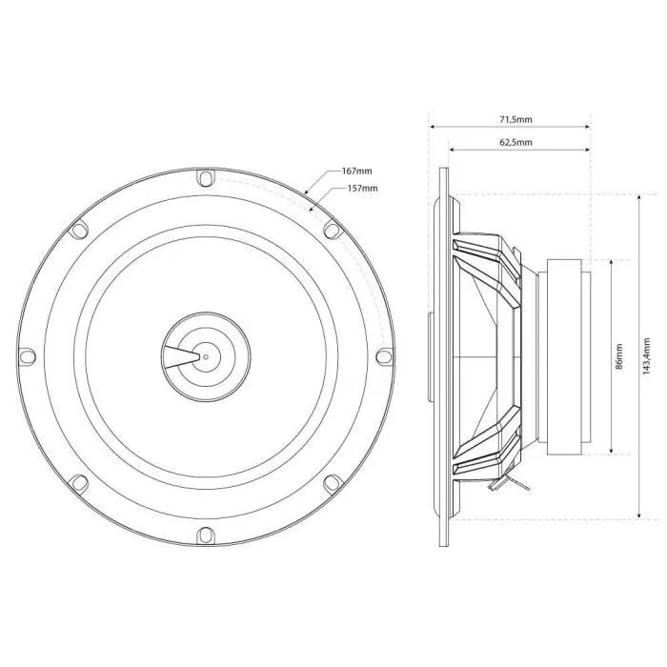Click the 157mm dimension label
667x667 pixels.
[363, 189]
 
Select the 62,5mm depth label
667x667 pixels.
[515, 142]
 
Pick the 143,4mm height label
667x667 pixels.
[648, 355]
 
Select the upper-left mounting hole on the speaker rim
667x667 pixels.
[79, 230]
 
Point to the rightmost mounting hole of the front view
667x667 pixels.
[383, 356]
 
